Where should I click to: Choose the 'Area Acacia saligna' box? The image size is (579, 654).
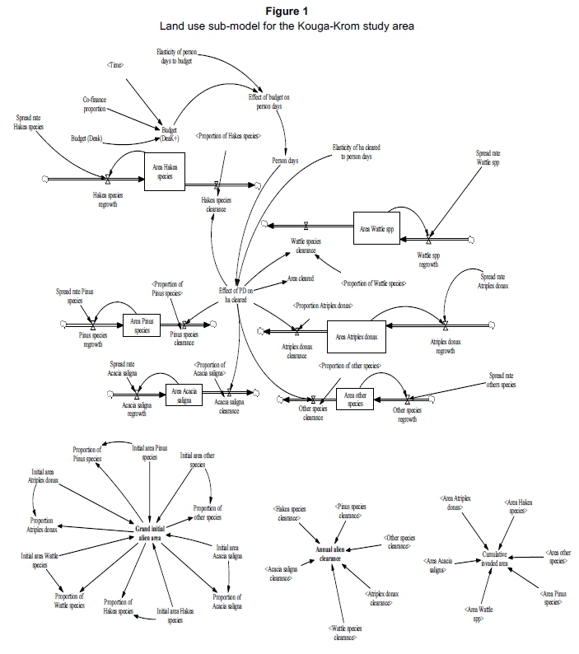coord(184,395)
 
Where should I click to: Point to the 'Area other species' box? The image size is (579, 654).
coord(355,399)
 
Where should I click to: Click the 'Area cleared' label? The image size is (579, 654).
coord(301,279)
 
